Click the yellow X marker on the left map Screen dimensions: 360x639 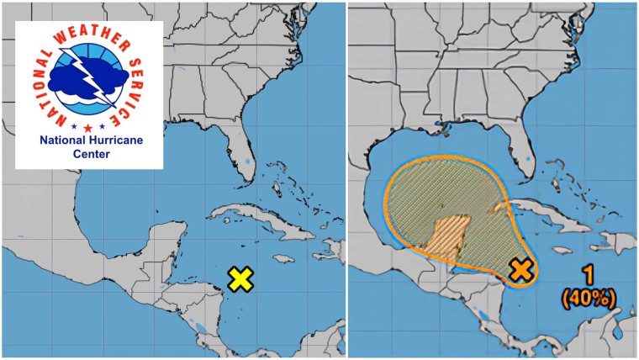(240, 279)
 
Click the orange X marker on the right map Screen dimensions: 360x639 (522, 269)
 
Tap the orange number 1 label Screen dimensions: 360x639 (590, 275)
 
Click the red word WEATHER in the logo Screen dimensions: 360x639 (84, 35)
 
